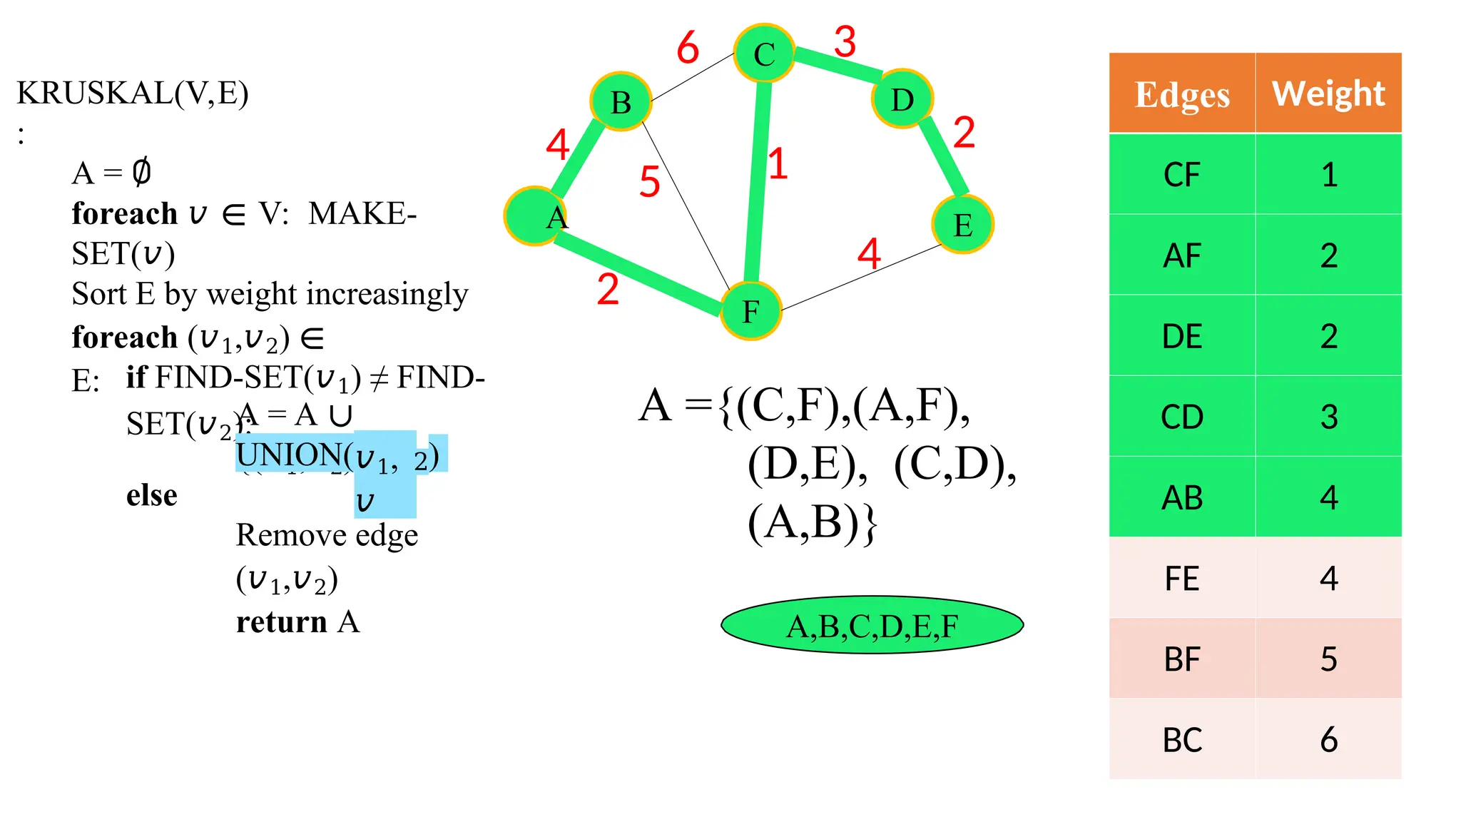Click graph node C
[764, 54]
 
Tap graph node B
[621, 102]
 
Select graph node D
[902, 98]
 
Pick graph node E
[962, 224]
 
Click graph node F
[750, 311]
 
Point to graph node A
[535, 215]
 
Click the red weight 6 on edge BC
[688, 49]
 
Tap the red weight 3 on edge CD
[845, 42]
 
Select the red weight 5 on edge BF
[649, 182]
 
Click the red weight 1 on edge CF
[778, 164]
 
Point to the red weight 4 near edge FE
[869, 254]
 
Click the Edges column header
[1182, 94]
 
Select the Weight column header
[1328, 94]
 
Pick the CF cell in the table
[1182, 175]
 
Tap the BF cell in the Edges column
[1182, 659]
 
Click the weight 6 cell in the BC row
[1328, 739]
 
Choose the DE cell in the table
[1182, 336]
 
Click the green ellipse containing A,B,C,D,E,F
[872, 625]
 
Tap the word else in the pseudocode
[152, 495]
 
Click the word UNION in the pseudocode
[289, 455]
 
